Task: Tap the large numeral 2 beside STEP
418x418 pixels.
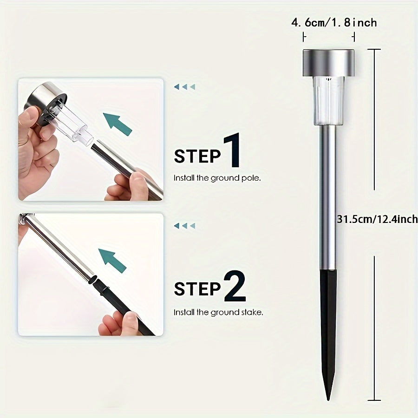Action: click(235, 286)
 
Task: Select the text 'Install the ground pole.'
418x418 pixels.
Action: click(217, 178)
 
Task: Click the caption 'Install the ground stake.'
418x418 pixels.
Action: click(218, 312)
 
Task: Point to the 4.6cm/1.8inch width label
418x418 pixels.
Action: click(334, 23)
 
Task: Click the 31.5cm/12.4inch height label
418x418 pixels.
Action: click(377, 219)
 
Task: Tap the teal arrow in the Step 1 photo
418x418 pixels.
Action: click(118, 124)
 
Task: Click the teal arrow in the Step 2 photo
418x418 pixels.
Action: click(112, 260)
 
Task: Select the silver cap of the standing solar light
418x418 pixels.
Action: click(328, 63)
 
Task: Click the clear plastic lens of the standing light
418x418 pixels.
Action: click(329, 101)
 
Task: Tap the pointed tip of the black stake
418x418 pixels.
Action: click(328, 400)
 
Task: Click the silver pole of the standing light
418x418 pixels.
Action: click(328, 198)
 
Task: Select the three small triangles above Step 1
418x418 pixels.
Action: click(184, 87)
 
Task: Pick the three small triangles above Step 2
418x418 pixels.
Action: click(184, 226)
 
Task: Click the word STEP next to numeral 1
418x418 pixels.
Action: click(197, 156)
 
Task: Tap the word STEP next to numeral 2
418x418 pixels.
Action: click(197, 289)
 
